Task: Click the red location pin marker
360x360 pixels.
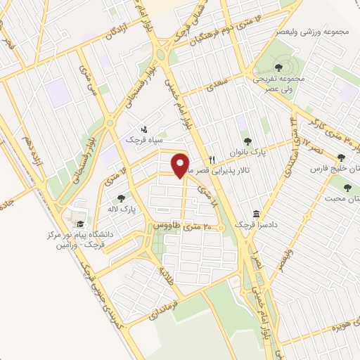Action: [x=181, y=165]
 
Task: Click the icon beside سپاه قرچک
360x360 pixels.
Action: [x=143, y=129]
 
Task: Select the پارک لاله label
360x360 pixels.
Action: [x=122, y=210]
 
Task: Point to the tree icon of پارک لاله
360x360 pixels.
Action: [x=122, y=198]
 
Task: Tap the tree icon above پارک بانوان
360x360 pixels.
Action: [x=246, y=141]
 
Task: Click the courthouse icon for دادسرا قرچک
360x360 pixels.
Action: [x=256, y=213]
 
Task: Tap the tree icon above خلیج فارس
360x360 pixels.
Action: [x=341, y=157]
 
